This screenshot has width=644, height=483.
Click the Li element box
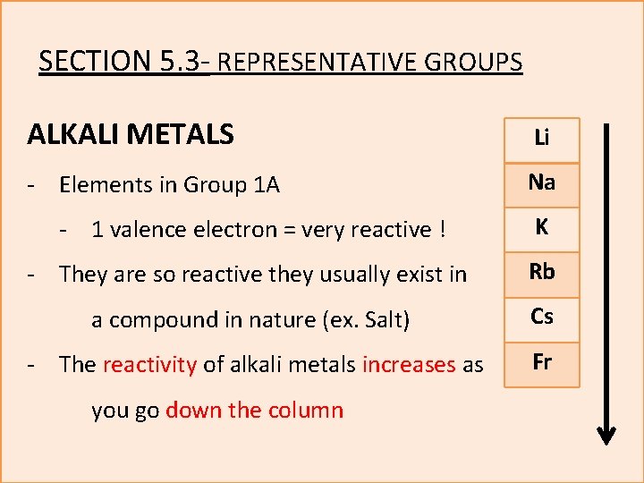(542, 140)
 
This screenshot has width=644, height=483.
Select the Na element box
(542, 184)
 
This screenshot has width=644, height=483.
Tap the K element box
(542, 229)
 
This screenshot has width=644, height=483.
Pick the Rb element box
(542, 274)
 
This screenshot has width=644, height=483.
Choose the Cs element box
(542, 318)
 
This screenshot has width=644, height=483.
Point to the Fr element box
(542, 364)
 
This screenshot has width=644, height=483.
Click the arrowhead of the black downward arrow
(606, 435)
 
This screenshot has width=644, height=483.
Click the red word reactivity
(149, 365)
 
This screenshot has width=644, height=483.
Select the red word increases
(409, 365)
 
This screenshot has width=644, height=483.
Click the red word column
(307, 411)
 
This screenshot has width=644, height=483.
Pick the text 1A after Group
(266, 185)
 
